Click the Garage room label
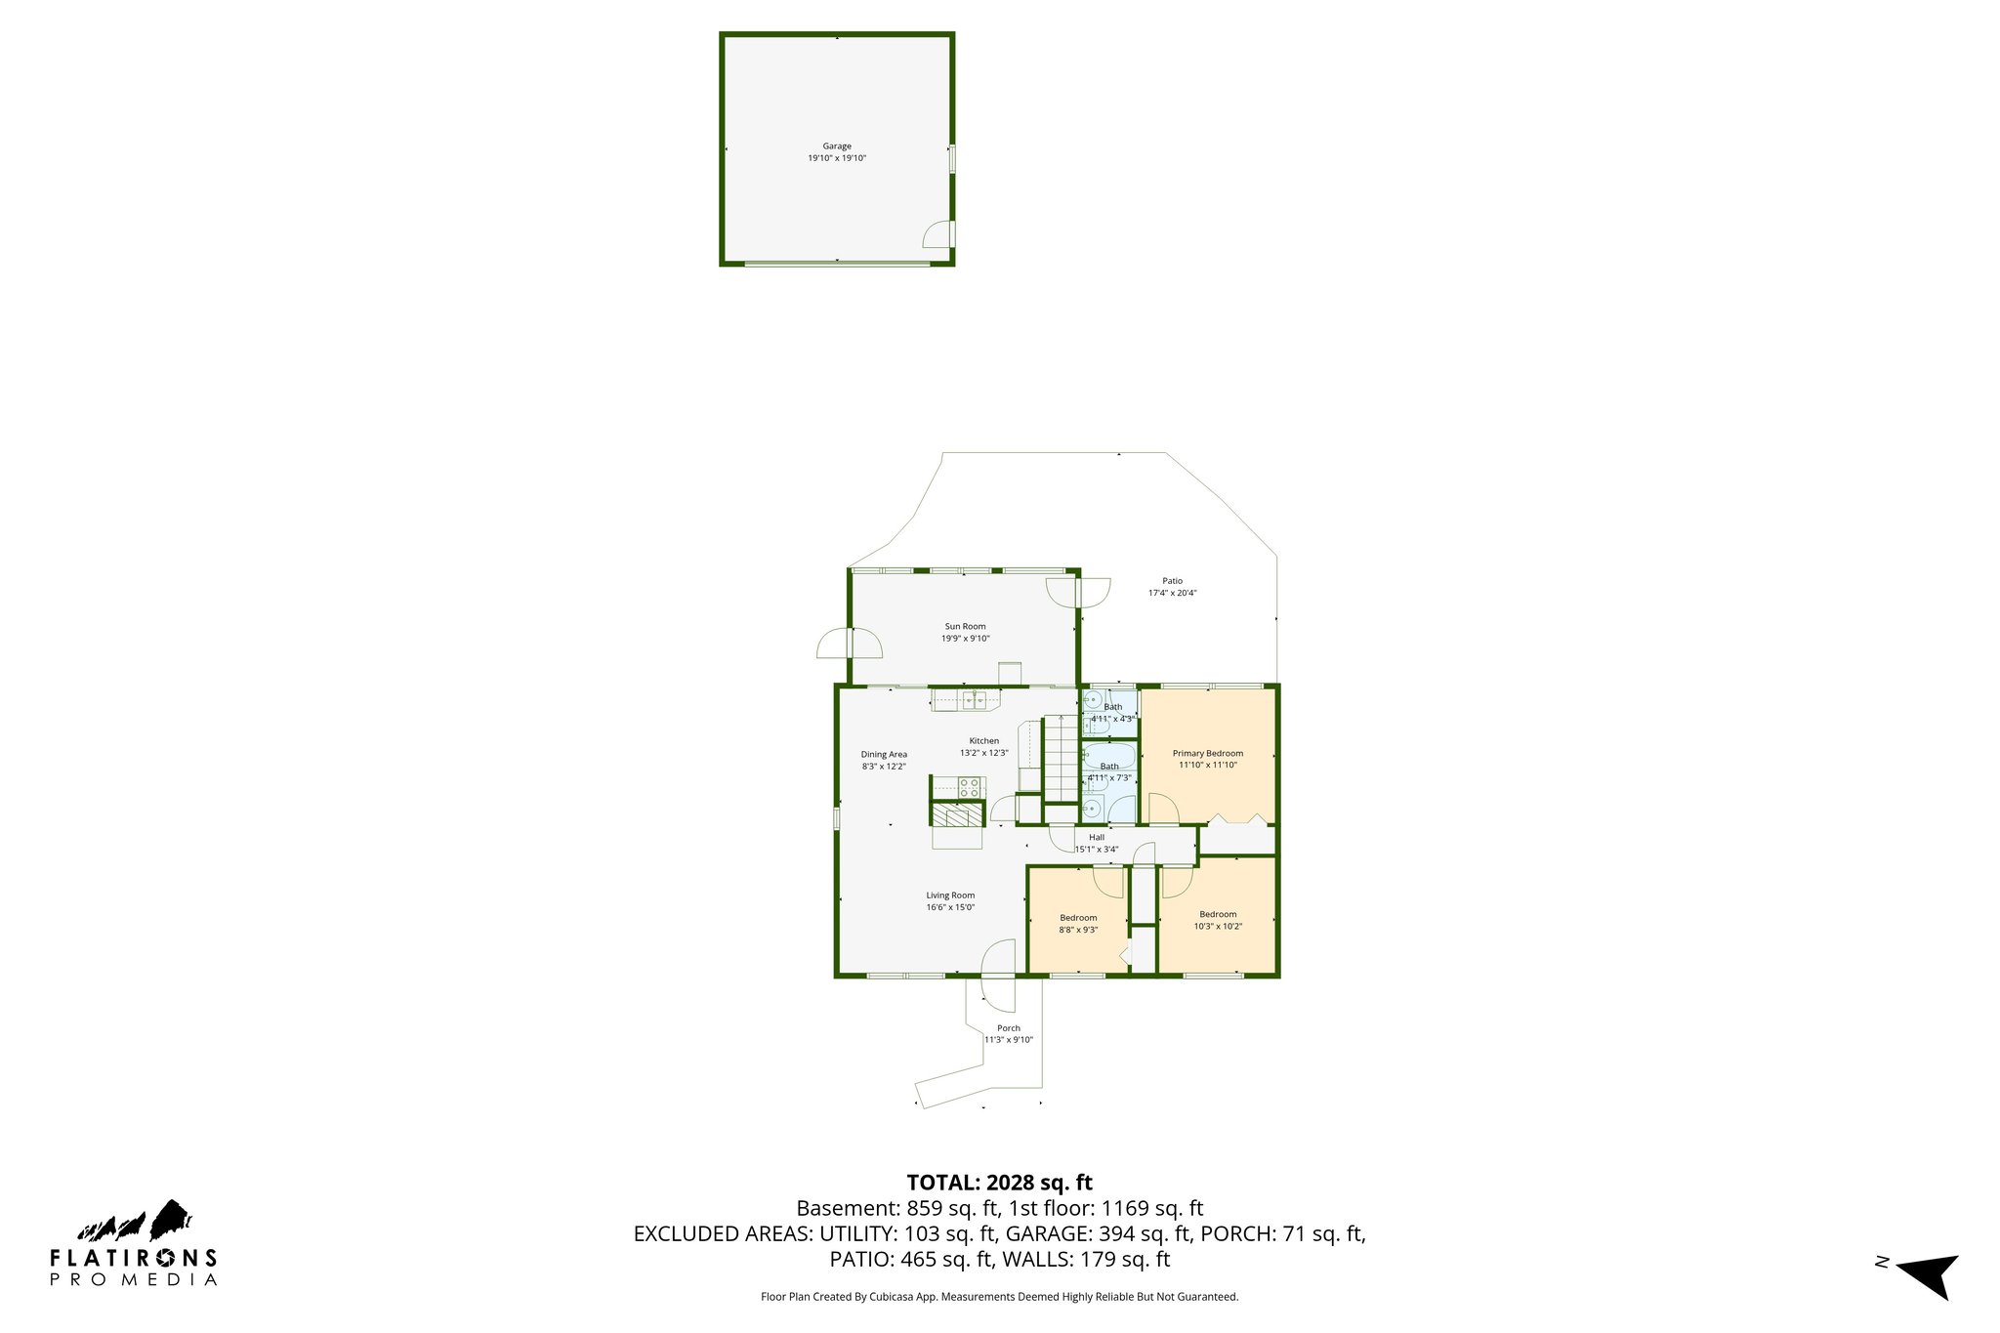pos(837,146)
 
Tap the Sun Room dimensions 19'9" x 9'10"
pos(965,639)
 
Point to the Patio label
pos(1172,581)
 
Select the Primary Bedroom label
pos(1208,753)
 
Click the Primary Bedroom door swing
pos(1162,810)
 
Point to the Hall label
pos(1097,837)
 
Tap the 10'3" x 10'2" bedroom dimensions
pos(1218,927)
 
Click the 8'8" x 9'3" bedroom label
pos(1078,918)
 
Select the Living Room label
pos(950,896)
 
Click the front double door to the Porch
pos(998,975)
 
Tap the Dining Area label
pos(884,754)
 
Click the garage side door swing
pos(939,235)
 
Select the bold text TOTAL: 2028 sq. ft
pos(999,1183)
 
